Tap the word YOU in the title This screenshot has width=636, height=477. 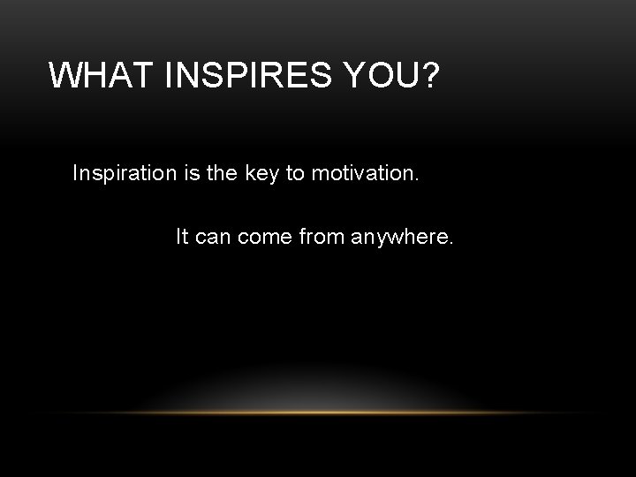[x=375, y=76]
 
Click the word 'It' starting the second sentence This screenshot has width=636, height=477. [x=181, y=237]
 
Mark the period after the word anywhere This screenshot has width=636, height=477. [x=452, y=243]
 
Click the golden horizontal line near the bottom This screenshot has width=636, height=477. [x=318, y=413]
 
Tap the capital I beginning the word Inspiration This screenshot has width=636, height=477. [x=76, y=172]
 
